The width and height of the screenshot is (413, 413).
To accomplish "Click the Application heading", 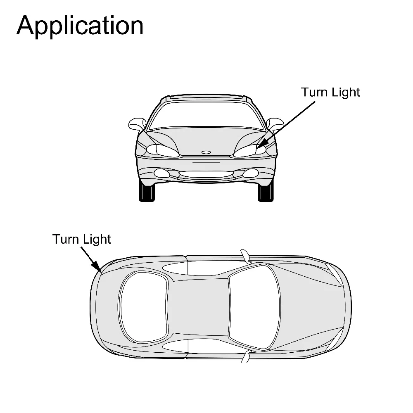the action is coord(80,26).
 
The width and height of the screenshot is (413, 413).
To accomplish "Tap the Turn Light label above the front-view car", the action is coord(330,92).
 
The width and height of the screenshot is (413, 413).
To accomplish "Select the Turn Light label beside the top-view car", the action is coord(82,239).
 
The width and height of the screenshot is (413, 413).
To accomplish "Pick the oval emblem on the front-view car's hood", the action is coord(206,152).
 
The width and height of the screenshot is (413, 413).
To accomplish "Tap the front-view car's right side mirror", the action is coord(275,123).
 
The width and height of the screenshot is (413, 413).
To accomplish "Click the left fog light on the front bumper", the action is coord(160,173).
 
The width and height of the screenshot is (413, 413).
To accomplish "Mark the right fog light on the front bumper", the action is coord(250,173).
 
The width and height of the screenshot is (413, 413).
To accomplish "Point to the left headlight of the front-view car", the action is coord(161,150).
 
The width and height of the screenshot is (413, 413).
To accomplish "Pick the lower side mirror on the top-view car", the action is coord(246,356).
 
